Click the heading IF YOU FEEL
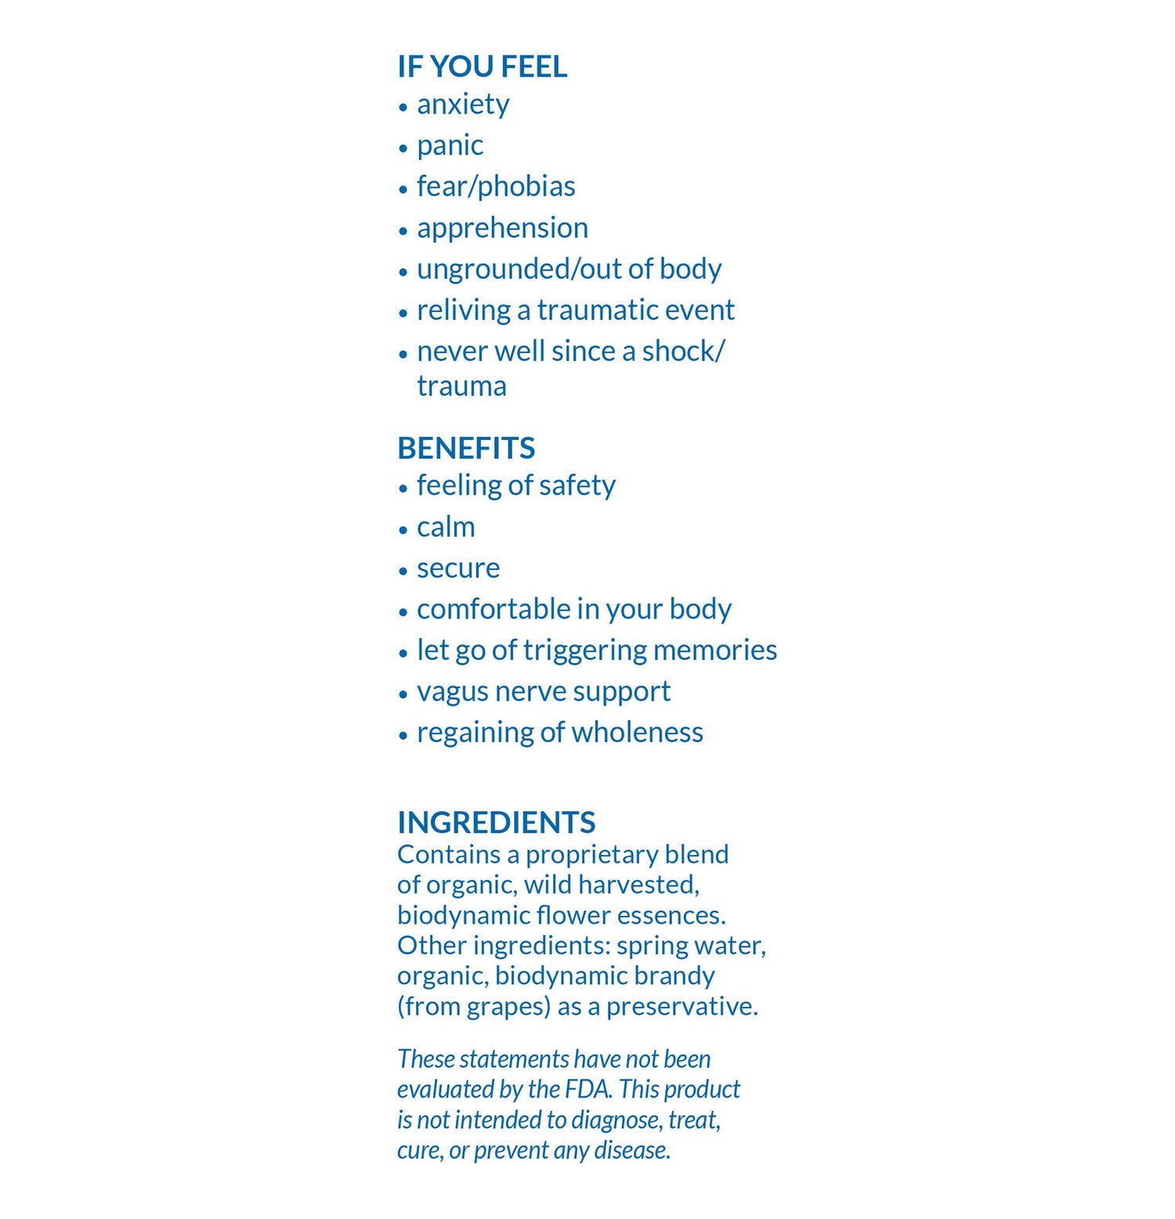tap(482, 67)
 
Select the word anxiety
tap(463, 104)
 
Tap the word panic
tap(450, 146)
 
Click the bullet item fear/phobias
tap(496, 186)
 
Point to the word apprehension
tap(502, 228)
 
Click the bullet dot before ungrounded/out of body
tap(403, 272)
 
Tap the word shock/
tap(683, 352)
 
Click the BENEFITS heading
tap(466, 448)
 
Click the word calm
tap(446, 527)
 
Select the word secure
tap(458, 568)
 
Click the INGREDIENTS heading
tap(496, 822)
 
